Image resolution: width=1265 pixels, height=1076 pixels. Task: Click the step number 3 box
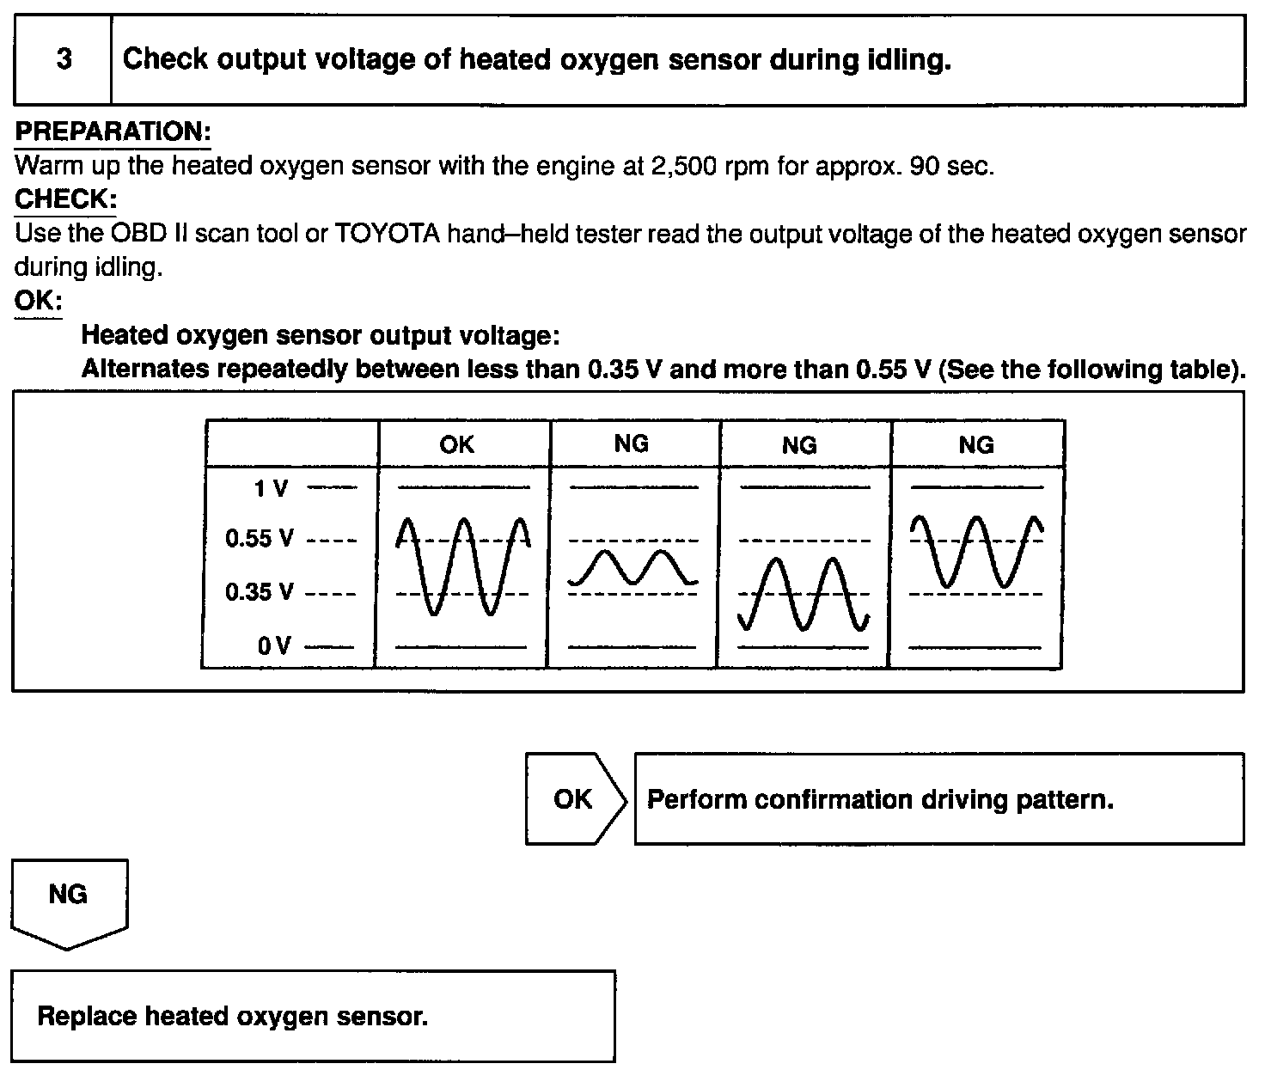(64, 60)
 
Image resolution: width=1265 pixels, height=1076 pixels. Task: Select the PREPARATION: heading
(113, 132)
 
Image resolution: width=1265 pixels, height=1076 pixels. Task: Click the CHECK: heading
(65, 199)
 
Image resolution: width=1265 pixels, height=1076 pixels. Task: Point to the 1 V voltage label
(272, 489)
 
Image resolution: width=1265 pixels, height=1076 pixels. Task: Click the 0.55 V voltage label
(260, 540)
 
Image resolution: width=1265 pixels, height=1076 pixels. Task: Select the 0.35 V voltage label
(260, 592)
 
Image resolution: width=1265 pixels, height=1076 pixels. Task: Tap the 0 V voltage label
(274, 645)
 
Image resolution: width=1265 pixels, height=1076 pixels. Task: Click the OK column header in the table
(456, 444)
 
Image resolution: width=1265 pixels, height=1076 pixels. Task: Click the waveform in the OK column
(463, 566)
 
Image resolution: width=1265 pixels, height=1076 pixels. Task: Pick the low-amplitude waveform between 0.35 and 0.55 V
(633, 568)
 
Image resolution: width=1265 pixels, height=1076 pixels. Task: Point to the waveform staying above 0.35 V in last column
(976, 551)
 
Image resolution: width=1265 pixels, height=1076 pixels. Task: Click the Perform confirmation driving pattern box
(938, 799)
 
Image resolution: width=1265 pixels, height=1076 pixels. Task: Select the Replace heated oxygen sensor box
(314, 1017)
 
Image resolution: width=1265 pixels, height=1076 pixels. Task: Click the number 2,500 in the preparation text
(687, 166)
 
